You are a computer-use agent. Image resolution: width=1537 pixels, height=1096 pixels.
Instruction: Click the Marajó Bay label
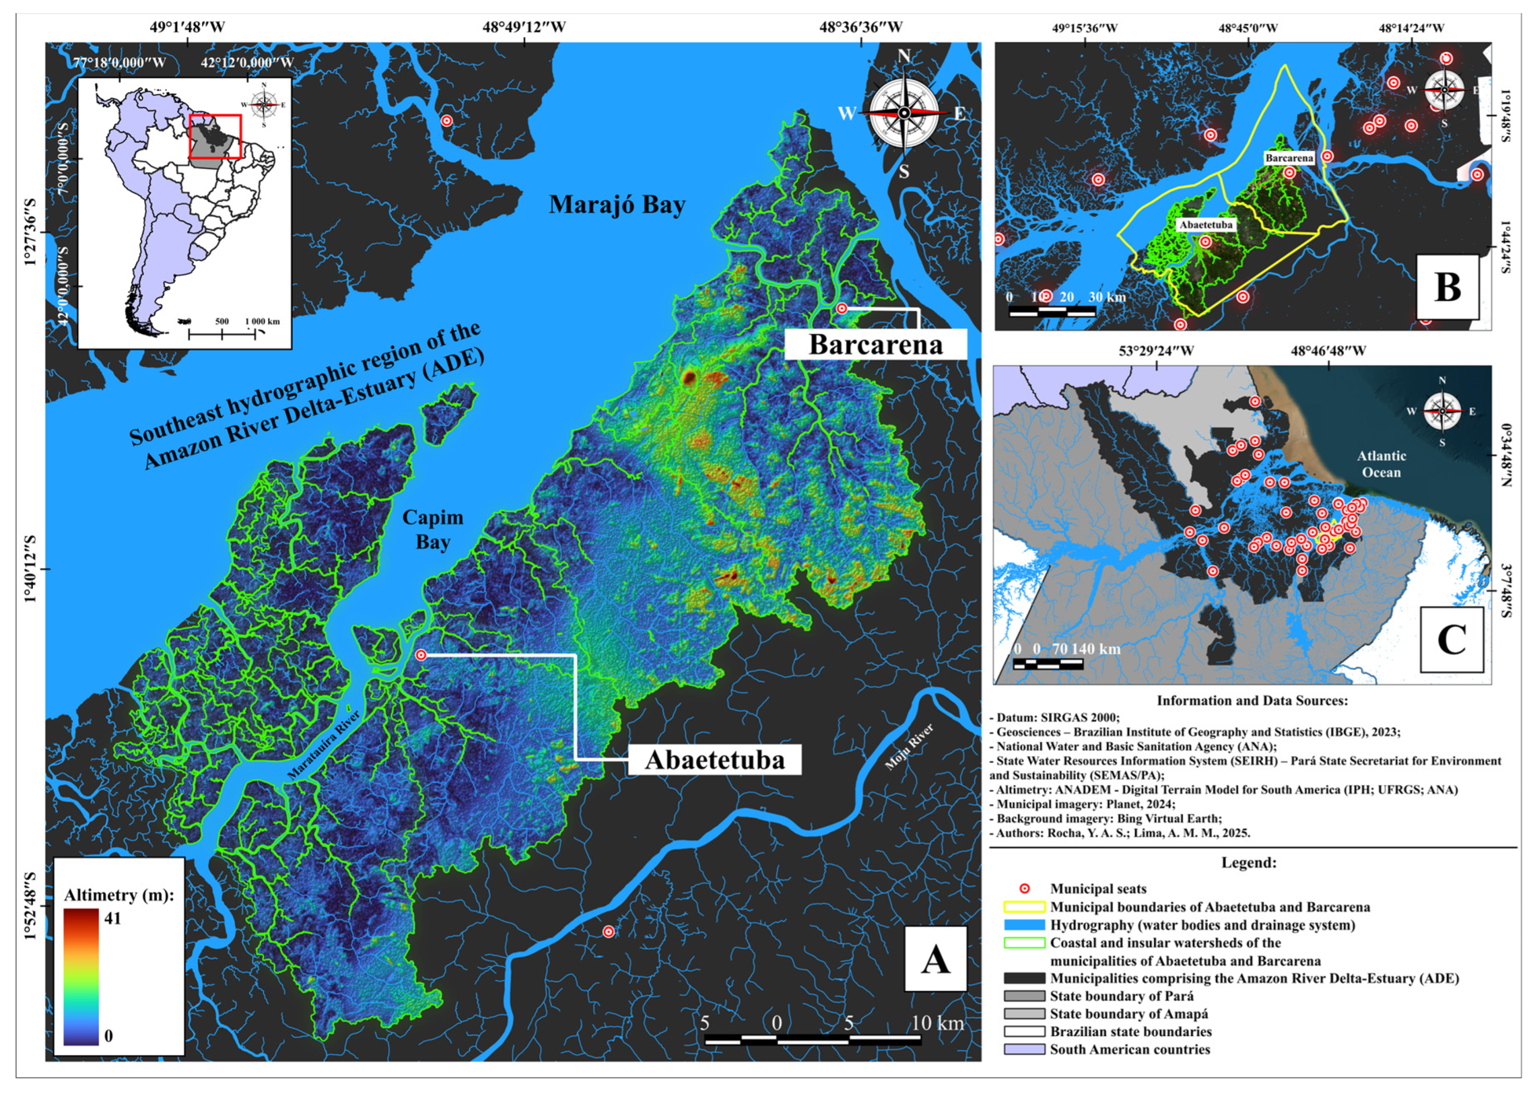(x=616, y=205)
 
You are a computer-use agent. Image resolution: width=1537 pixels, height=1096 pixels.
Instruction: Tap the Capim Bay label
(x=432, y=530)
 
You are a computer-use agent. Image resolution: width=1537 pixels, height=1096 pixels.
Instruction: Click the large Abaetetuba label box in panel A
(x=715, y=760)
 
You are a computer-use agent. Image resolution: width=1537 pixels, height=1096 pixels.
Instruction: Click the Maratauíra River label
(x=323, y=745)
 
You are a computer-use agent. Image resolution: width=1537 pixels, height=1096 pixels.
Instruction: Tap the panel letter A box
(x=935, y=959)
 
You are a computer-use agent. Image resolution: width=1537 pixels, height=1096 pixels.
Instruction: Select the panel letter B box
(x=1447, y=287)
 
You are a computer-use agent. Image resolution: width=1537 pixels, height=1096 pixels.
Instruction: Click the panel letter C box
(x=1451, y=639)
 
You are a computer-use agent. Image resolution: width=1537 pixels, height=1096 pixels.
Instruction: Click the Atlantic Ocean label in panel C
(x=1381, y=464)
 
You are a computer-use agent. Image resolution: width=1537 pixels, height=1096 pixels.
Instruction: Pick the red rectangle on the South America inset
(x=214, y=137)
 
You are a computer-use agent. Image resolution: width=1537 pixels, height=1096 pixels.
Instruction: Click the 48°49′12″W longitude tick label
(x=524, y=27)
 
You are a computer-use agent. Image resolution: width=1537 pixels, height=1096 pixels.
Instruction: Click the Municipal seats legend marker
(x=1024, y=889)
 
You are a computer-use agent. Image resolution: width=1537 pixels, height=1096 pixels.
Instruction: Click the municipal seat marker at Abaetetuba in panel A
(x=421, y=654)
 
